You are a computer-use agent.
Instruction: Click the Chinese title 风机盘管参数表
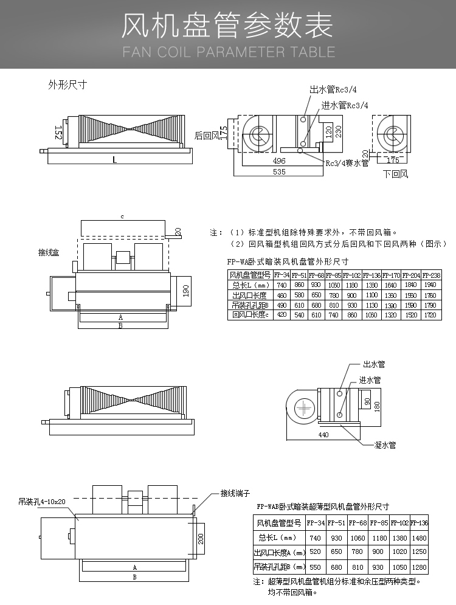(x=227, y=26)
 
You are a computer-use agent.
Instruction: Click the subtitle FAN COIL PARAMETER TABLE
(x=228, y=52)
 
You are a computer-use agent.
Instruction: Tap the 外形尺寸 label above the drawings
(x=67, y=85)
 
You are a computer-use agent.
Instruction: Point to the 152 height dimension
(x=58, y=133)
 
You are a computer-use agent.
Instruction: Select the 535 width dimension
(x=278, y=172)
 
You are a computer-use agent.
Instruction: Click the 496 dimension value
(x=279, y=161)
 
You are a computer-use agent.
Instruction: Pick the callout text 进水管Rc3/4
(x=345, y=105)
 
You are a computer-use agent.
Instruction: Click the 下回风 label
(x=395, y=174)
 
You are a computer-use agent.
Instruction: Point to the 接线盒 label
(x=49, y=252)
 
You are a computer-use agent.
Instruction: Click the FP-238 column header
(x=432, y=275)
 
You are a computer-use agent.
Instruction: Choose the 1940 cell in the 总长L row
(x=432, y=285)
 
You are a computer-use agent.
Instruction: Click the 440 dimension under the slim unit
(x=323, y=435)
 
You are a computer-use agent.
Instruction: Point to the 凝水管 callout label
(x=385, y=445)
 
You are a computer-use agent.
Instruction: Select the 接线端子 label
(x=235, y=493)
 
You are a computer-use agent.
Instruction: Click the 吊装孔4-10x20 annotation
(x=42, y=502)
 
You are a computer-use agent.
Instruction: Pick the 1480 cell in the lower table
(x=420, y=538)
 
